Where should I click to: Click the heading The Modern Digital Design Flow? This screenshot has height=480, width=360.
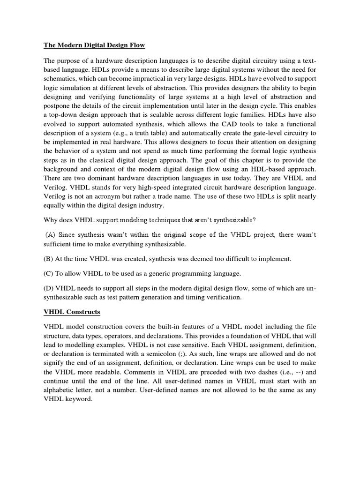(94, 45)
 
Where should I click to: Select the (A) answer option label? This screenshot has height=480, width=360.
(51, 235)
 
